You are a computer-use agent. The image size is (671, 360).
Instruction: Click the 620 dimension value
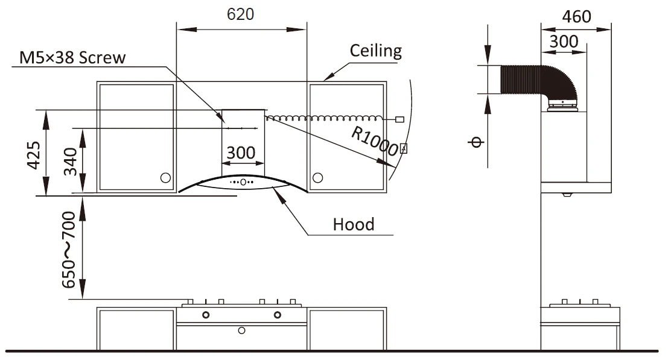tap(241, 14)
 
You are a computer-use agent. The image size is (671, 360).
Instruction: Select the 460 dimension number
tap(576, 17)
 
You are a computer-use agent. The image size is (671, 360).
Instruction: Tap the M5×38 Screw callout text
tap(72, 57)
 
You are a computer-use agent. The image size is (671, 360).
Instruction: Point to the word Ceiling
tap(376, 51)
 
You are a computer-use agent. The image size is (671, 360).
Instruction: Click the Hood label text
tap(354, 224)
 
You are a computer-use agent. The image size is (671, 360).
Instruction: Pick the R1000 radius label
tap(375, 142)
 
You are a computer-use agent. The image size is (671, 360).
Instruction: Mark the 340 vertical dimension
tap(70, 162)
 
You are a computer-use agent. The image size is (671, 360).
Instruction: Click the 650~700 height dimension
tap(69, 250)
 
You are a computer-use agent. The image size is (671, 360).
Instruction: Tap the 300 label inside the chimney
tap(241, 153)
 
